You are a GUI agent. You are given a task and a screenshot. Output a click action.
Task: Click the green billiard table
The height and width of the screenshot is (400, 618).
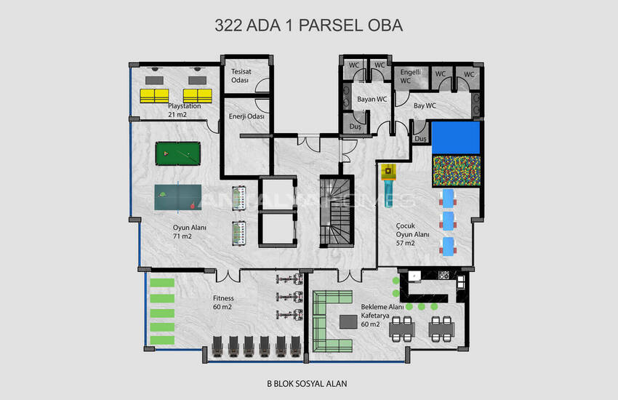[x=177, y=153]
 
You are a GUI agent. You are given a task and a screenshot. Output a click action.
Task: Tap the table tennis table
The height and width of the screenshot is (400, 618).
[x=177, y=197]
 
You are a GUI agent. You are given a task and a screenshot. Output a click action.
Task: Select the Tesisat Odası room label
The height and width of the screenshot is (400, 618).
[x=241, y=76]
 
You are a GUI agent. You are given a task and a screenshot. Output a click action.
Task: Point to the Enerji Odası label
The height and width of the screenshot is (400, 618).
[x=246, y=116]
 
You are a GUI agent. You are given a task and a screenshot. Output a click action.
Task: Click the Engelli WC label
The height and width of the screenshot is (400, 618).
[x=410, y=76]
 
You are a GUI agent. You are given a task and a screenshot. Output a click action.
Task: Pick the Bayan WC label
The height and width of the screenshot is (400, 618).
[x=372, y=100]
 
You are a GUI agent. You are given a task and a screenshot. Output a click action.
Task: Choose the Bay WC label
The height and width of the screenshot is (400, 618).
[x=425, y=105]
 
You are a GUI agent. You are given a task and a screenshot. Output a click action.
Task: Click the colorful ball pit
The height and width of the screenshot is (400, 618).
[x=457, y=171]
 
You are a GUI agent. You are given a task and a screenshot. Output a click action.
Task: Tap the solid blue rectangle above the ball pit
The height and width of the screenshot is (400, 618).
[x=456, y=137]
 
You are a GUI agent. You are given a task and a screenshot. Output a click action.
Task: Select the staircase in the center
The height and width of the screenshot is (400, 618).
[x=336, y=212]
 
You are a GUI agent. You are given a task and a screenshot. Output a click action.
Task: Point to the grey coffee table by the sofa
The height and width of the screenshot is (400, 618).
[x=348, y=321]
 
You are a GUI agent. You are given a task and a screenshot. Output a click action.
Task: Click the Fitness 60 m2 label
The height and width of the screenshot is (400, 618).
[x=223, y=303]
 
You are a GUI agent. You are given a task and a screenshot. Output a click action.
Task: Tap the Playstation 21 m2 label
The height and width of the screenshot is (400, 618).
[x=184, y=111]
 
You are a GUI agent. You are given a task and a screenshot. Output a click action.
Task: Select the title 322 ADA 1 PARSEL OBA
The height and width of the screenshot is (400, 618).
[x=308, y=25]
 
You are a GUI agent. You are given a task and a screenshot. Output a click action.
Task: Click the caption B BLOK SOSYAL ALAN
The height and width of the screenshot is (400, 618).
[x=307, y=383]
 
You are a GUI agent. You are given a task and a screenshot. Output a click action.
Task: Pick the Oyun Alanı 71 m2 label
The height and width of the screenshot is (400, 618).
[x=190, y=232]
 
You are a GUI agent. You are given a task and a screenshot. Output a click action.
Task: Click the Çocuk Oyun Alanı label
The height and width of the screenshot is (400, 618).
[x=413, y=234]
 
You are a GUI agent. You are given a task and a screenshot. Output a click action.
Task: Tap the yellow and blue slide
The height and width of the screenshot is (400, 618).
[x=389, y=185]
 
